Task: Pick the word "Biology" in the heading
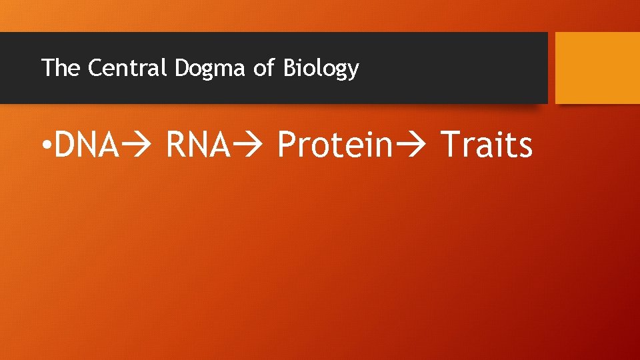coord(321,69)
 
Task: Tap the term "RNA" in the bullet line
coord(197,145)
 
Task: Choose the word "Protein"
coord(334,145)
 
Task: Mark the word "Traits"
coord(487,145)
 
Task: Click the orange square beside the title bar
coord(597,68)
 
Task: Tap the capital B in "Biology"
coord(289,68)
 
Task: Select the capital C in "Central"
coord(94,68)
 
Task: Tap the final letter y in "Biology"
coord(353,71)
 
